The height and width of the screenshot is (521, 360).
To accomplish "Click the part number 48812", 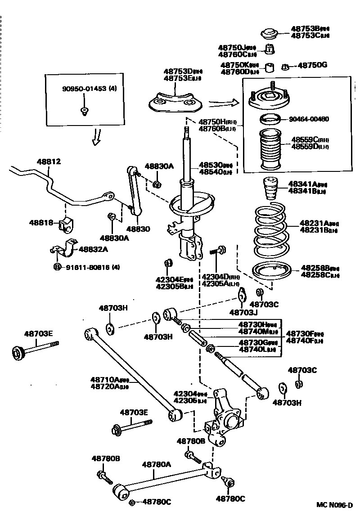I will (48, 162).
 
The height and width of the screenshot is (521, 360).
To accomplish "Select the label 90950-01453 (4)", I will (90, 89).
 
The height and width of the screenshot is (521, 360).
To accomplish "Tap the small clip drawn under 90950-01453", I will (84, 111).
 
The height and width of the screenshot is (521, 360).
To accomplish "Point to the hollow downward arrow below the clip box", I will (96, 137).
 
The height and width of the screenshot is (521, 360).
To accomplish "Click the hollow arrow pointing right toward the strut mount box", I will (222, 103).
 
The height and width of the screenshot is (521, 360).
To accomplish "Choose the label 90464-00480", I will (309, 119).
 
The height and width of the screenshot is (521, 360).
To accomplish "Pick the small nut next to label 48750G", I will (285, 67).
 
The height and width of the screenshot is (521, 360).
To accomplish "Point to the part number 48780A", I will (157, 464).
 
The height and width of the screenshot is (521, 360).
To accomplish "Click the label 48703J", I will (243, 312).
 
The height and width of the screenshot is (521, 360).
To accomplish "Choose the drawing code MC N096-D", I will (333, 505).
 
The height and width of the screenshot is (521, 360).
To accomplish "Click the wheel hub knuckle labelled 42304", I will (225, 418).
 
